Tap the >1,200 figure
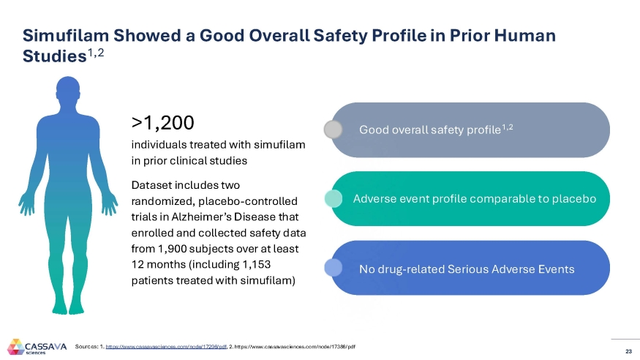162,121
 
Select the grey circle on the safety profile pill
334,130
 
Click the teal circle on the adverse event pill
334,198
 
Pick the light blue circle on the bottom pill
334,268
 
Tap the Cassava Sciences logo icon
15,346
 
